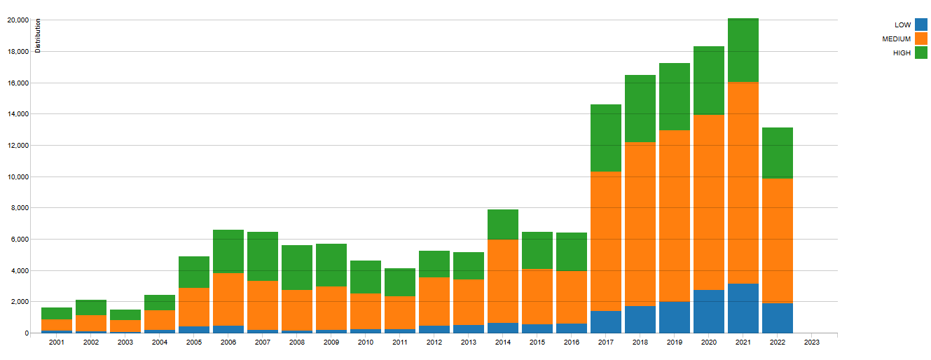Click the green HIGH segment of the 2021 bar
point(743,50)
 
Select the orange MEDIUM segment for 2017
point(606,241)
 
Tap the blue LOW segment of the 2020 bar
point(708,311)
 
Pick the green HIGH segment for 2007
point(263,256)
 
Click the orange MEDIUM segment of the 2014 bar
point(503,281)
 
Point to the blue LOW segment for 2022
point(777,318)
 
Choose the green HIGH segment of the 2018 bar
point(640,109)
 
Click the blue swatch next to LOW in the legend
point(921,25)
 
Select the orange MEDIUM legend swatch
point(921,39)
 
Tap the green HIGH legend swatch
point(921,53)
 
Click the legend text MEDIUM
point(897,39)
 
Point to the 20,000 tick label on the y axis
point(17,20)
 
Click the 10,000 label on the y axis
point(17,176)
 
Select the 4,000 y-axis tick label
point(19,270)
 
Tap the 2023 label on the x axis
point(811,342)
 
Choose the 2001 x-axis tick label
point(57,342)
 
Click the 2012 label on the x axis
point(434,342)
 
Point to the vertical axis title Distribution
point(39,36)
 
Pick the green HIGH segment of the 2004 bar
point(160,303)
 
